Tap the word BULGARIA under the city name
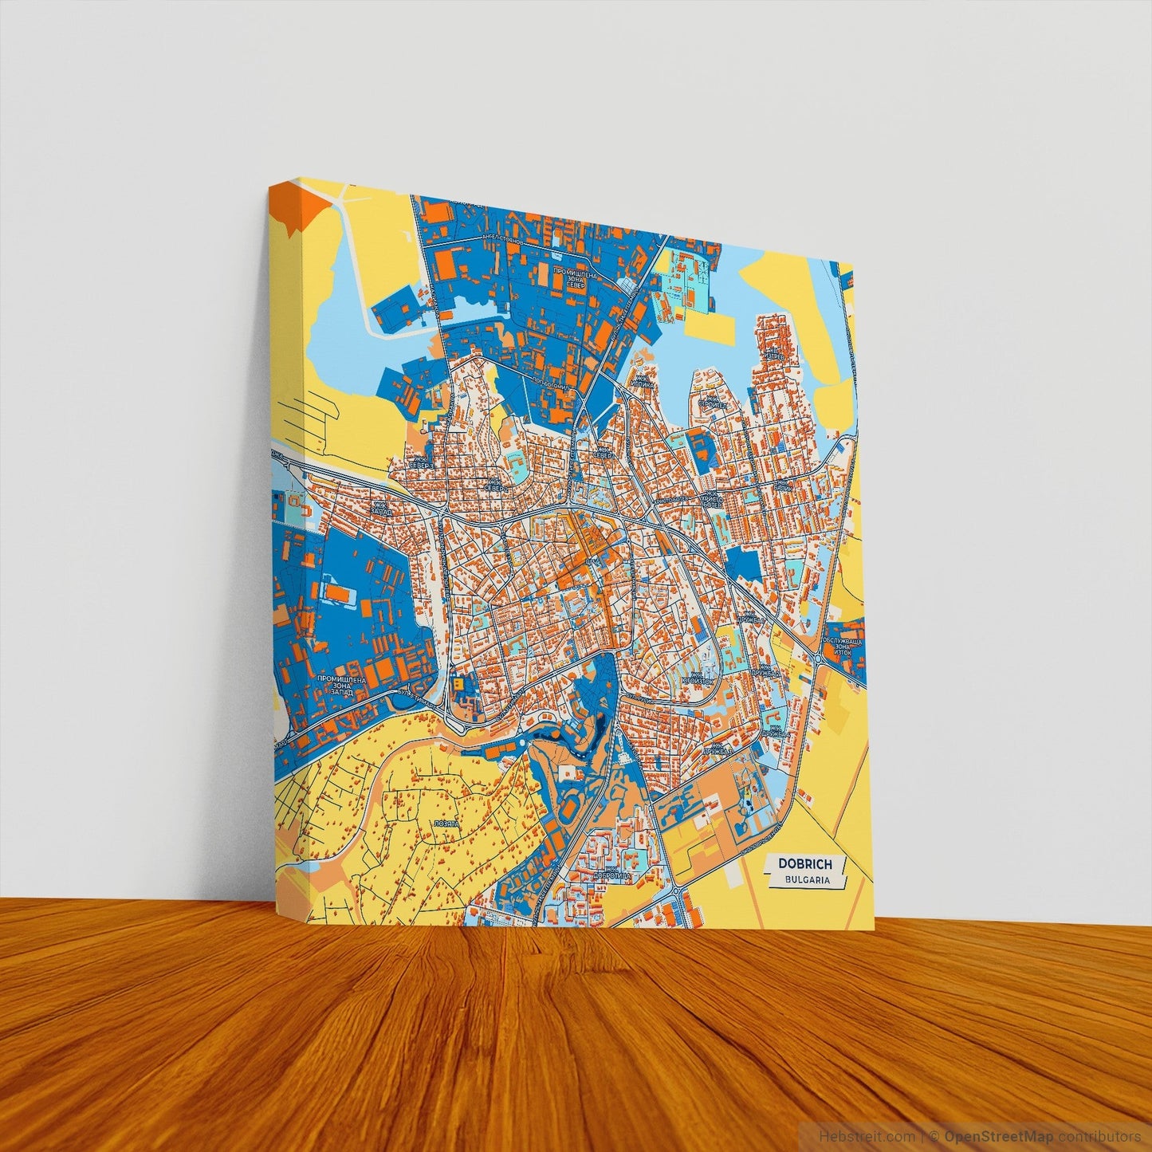click(807, 880)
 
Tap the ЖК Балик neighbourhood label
click(785, 484)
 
